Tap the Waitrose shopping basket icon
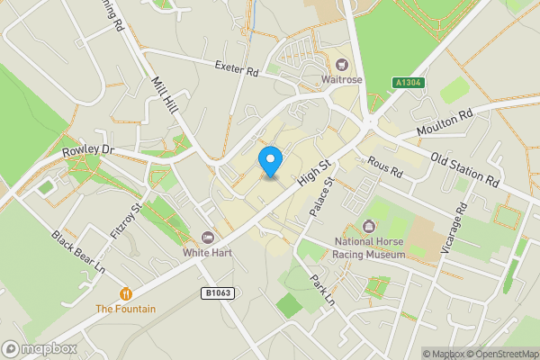342,64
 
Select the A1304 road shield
406,83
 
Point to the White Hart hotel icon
209,238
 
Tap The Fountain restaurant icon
126,293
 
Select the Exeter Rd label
237,67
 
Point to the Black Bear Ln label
78,252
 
